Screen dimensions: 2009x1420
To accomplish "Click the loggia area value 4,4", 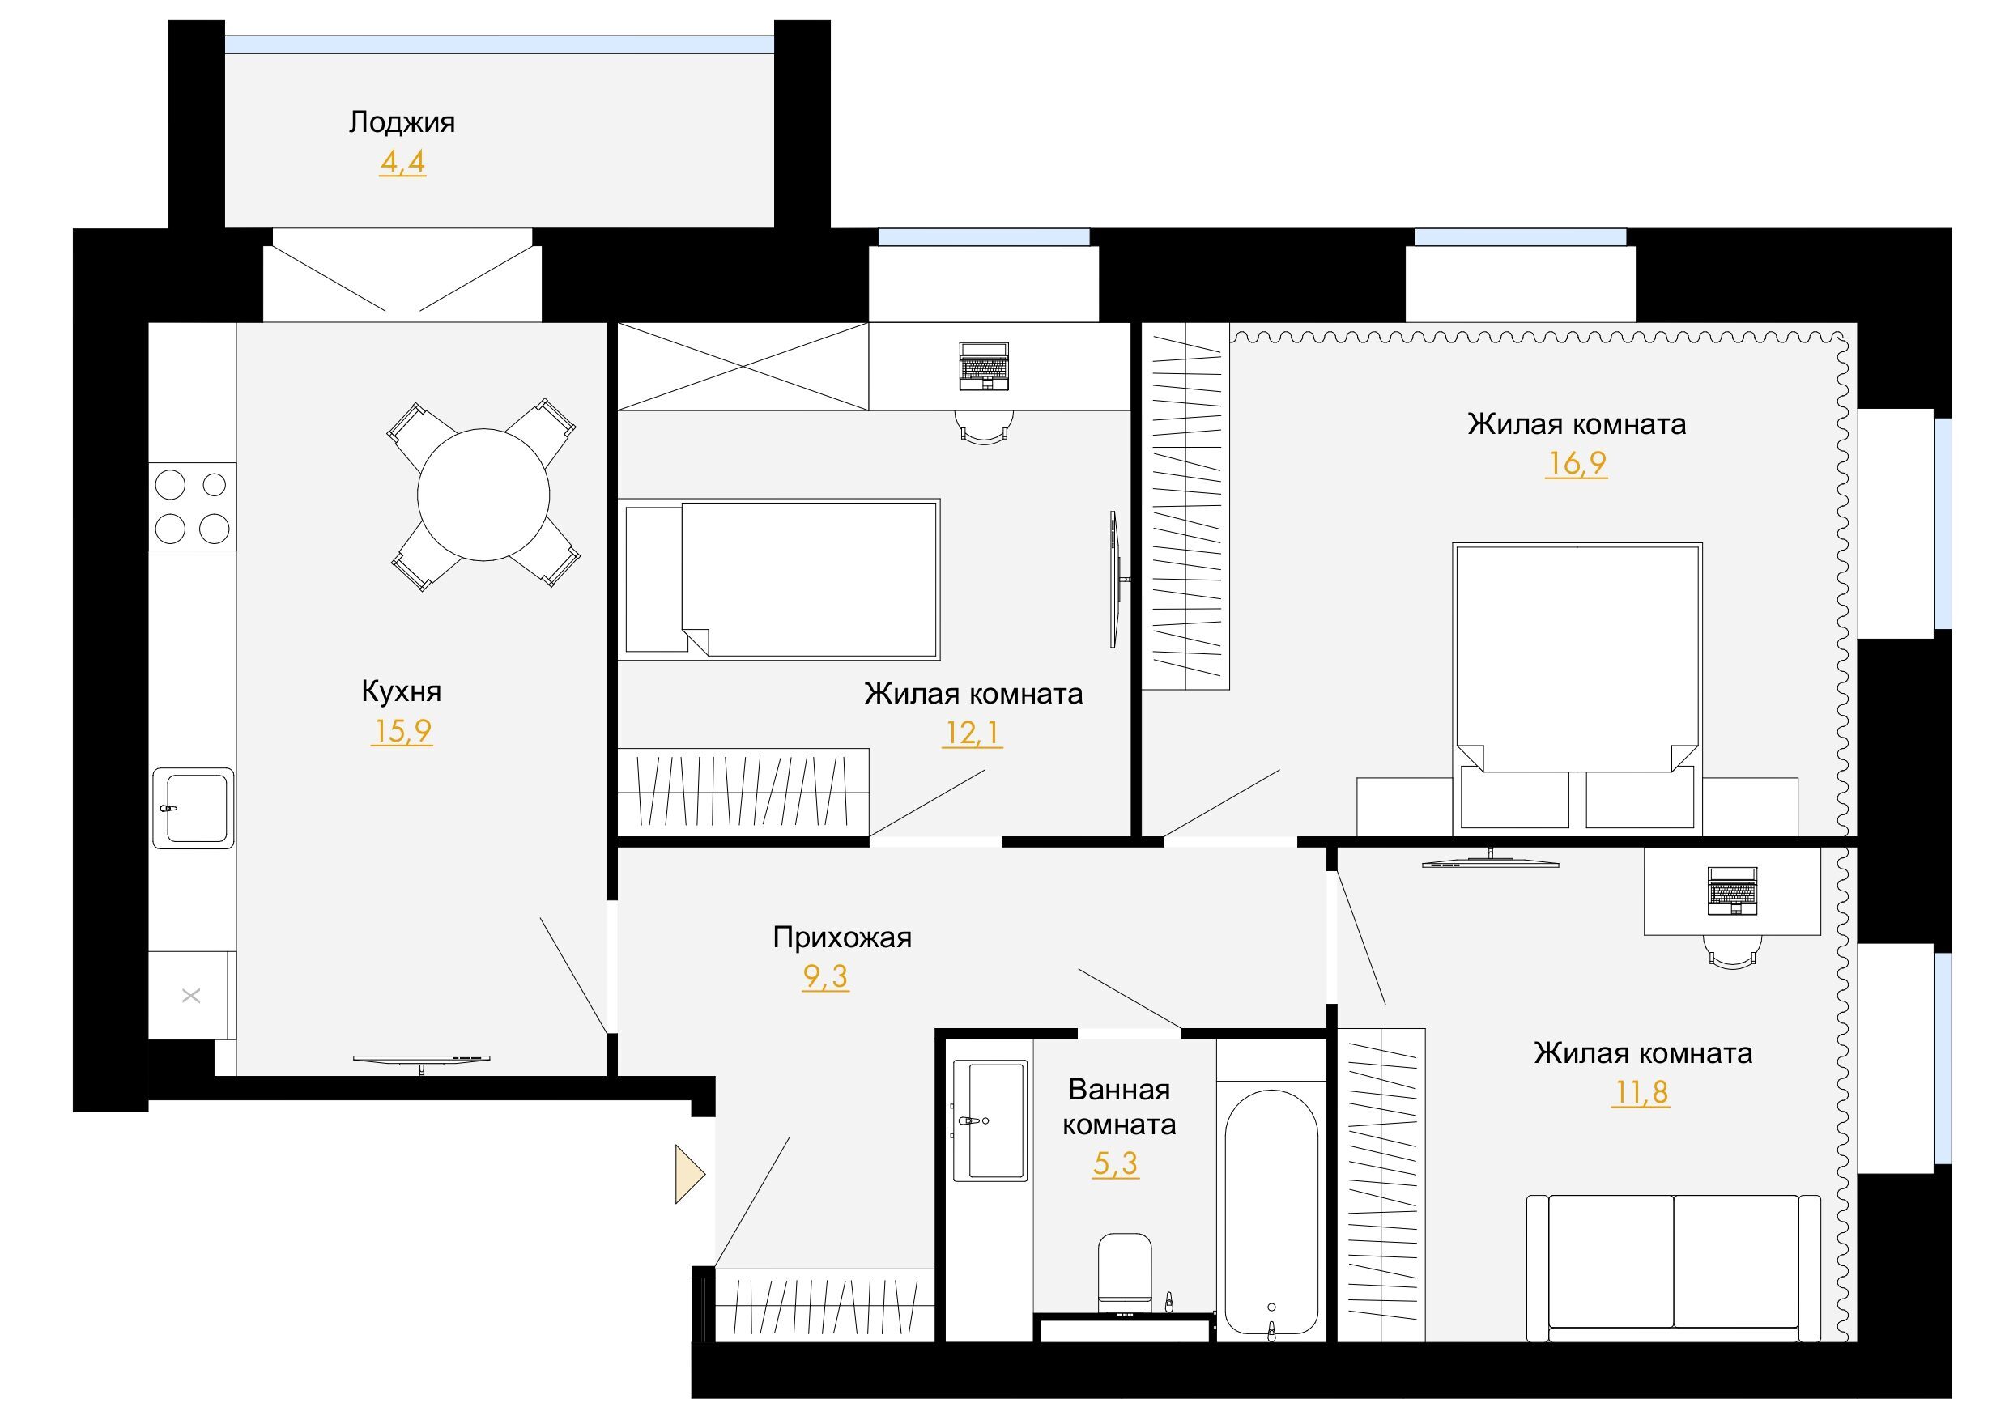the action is pyautogui.click(x=402, y=162).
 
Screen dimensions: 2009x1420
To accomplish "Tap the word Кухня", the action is pyautogui.click(x=402, y=691).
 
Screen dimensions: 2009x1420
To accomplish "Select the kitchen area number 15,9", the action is pyautogui.click(x=402, y=730).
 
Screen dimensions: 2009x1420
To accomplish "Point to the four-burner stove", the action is pyautogui.click(x=193, y=507).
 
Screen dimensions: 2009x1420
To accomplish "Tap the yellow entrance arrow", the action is pyautogui.click(x=689, y=1174).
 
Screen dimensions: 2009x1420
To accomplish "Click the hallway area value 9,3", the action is pyautogui.click(x=825, y=976).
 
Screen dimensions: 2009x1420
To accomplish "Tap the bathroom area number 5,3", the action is pyautogui.click(x=1116, y=1163).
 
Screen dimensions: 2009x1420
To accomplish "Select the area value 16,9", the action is pyautogui.click(x=1576, y=463).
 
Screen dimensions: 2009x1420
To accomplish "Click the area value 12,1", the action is pyautogui.click(x=973, y=733).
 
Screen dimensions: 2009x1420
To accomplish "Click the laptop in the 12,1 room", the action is pyautogui.click(x=985, y=367).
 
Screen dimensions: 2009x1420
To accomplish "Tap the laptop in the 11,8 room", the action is pyautogui.click(x=1733, y=891).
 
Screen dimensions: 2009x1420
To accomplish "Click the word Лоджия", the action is pyautogui.click(x=402, y=122).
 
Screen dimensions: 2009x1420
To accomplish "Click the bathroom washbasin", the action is pyautogui.click(x=989, y=1120).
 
